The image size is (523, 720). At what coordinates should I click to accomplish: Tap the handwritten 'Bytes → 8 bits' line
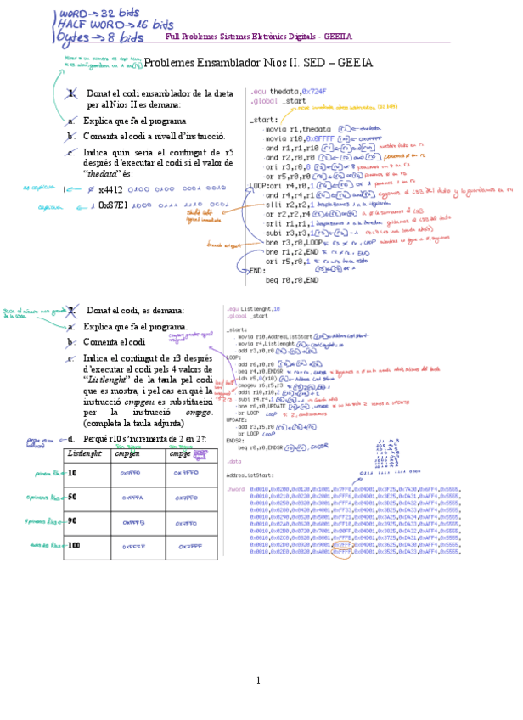(x=99, y=38)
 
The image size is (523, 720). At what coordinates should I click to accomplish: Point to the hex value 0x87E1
(x=113, y=205)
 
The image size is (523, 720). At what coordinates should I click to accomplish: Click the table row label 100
(x=74, y=545)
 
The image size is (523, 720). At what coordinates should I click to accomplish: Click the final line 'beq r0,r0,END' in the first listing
(x=292, y=279)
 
